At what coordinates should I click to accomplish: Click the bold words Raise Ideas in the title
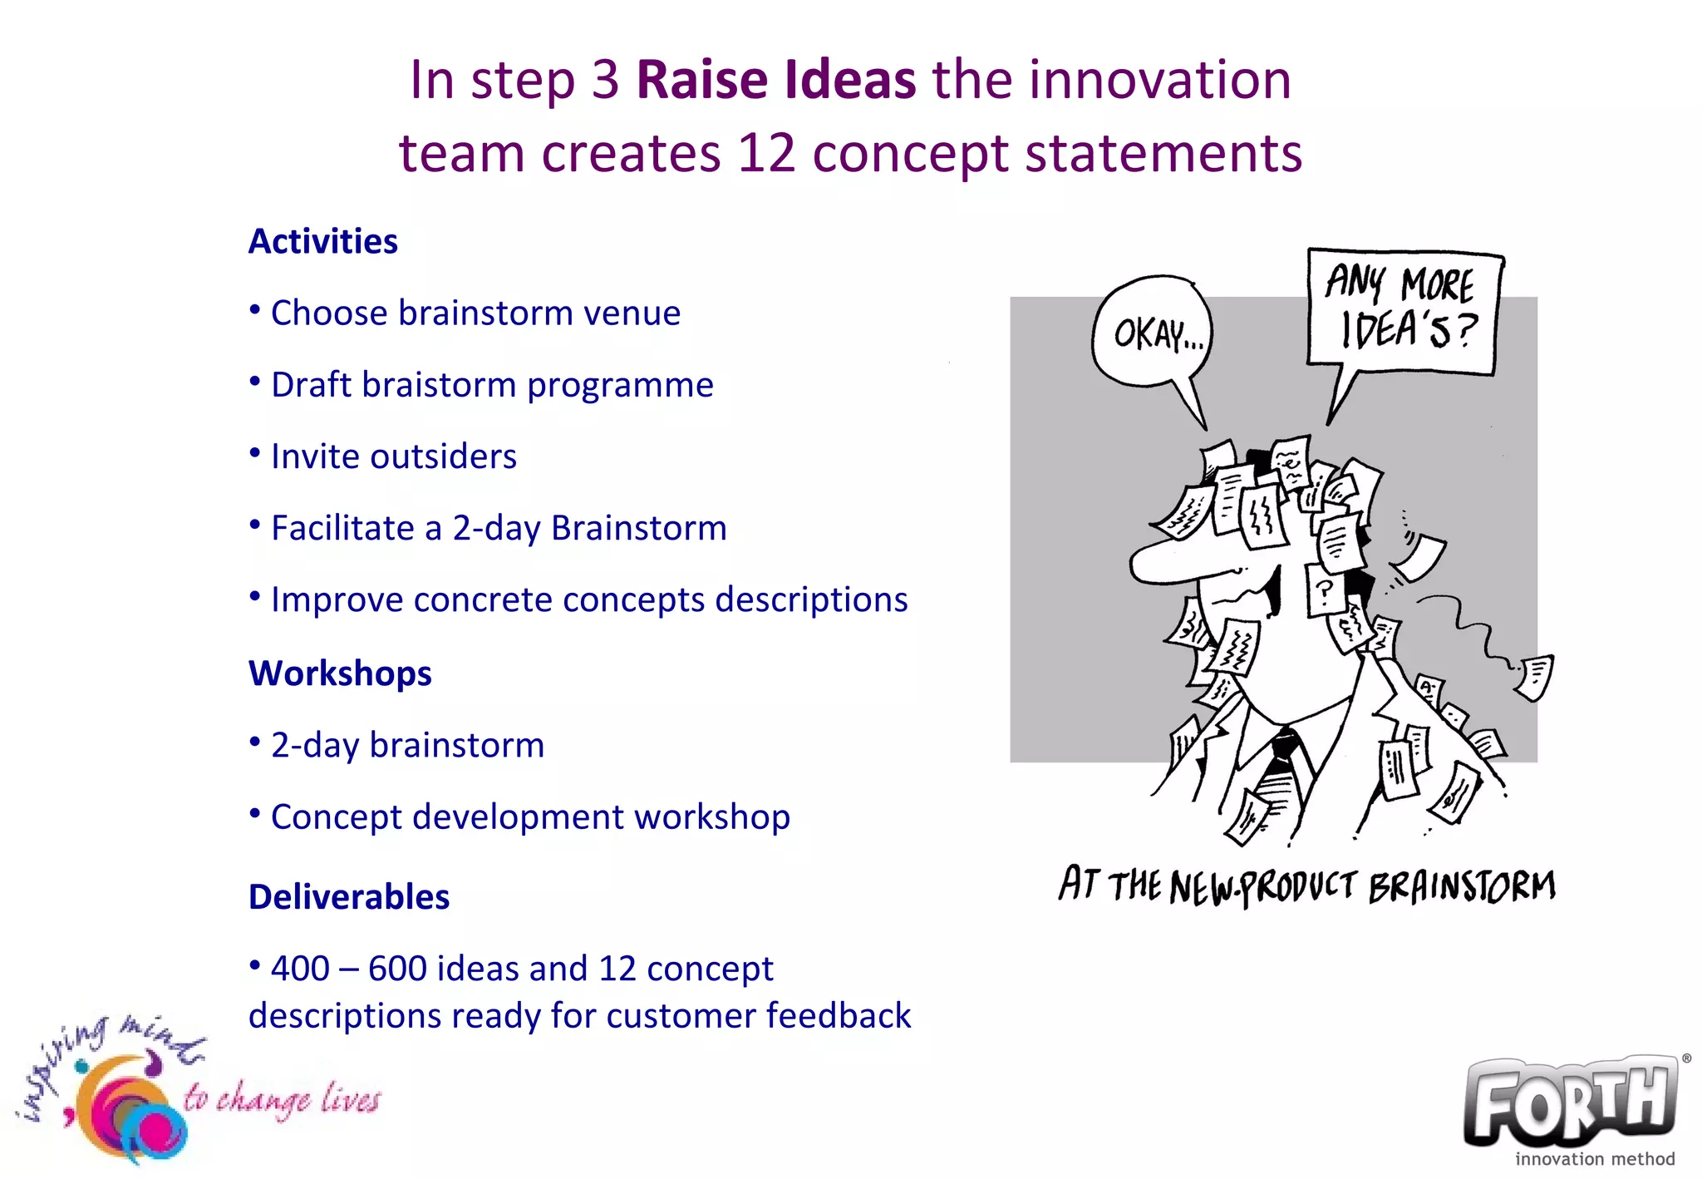pyautogui.click(x=775, y=81)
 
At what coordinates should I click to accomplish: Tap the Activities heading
pyautogui.click(x=322, y=242)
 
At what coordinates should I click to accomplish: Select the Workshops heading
pyautogui.click(x=340, y=673)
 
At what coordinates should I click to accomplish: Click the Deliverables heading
pyautogui.click(x=349, y=897)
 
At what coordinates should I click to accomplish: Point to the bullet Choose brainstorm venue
pyautogui.click(x=475, y=313)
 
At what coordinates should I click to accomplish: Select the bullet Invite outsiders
pyautogui.click(x=393, y=456)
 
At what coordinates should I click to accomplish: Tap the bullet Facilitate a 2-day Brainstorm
pyautogui.click(x=499, y=528)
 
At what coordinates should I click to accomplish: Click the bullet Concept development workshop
pyautogui.click(x=529, y=816)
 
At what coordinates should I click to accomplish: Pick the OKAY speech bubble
pyautogui.click(x=1153, y=334)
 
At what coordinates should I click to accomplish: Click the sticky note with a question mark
pyautogui.click(x=1325, y=589)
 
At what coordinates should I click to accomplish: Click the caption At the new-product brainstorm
pyautogui.click(x=1306, y=885)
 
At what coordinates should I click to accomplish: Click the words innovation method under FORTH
pyautogui.click(x=1594, y=1158)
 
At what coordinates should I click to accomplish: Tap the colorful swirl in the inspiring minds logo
pyautogui.click(x=129, y=1110)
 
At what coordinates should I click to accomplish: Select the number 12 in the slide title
pyautogui.click(x=766, y=154)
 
